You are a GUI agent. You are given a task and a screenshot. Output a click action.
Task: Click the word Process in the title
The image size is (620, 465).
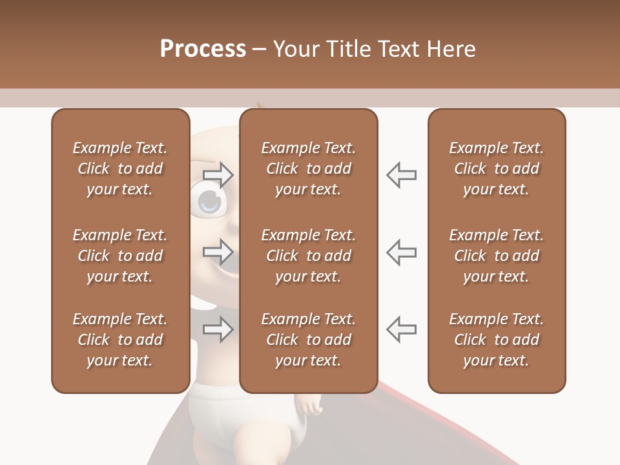pyautogui.click(x=203, y=49)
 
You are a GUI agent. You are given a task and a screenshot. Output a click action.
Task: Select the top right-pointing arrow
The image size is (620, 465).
pyautogui.click(x=218, y=174)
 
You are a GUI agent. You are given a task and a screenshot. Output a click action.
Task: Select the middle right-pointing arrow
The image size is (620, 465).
pyautogui.click(x=218, y=251)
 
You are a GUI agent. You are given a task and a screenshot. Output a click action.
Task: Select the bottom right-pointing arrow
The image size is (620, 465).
pyautogui.click(x=218, y=329)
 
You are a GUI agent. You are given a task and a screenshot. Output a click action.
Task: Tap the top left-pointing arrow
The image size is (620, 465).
pyautogui.click(x=401, y=174)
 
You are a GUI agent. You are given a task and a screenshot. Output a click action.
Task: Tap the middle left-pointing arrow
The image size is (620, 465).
pyautogui.click(x=401, y=251)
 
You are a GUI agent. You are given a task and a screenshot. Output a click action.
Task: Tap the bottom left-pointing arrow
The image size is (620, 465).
pyautogui.click(x=401, y=329)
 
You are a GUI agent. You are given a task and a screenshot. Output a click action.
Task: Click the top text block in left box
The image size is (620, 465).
pyautogui.click(x=120, y=169)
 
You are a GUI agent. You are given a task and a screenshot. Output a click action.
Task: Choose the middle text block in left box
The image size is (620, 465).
pyautogui.click(x=120, y=256)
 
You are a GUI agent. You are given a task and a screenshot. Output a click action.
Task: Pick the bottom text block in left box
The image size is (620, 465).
pyautogui.click(x=120, y=340)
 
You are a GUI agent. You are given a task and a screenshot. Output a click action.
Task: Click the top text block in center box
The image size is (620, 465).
pyautogui.click(x=308, y=169)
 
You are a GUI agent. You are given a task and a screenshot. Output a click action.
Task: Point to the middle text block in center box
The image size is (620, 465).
pyautogui.click(x=308, y=256)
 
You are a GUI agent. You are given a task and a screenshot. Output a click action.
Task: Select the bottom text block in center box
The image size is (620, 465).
pyautogui.click(x=308, y=340)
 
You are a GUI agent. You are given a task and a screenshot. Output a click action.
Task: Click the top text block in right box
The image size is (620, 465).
pyautogui.click(x=496, y=169)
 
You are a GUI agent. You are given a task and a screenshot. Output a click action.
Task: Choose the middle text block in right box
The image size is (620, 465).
pyautogui.click(x=496, y=256)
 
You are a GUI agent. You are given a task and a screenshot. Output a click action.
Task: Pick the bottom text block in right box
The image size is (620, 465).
pyautogui.click(x=496, y=340)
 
